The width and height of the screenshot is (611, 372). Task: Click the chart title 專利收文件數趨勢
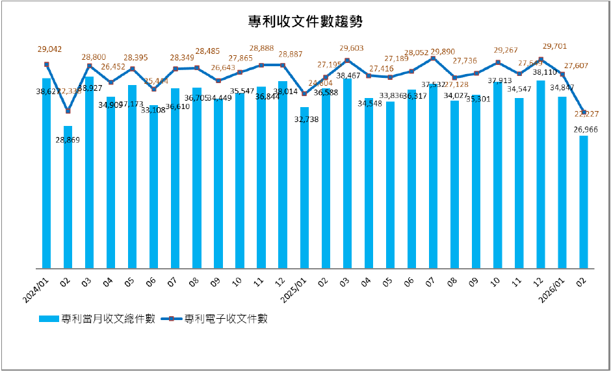[305, 22]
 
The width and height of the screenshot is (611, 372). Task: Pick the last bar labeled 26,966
[584, 201]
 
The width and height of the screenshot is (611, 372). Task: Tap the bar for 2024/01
[46, 175]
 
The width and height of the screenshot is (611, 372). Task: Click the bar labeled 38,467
[347, 175]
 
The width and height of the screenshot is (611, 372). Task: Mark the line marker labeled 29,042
[46, 64]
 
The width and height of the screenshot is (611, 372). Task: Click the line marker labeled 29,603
[347, 60]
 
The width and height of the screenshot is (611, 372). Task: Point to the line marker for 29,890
[433, 58]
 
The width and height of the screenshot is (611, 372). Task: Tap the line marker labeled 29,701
[541, 60]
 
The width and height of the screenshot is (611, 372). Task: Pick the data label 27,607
[576, 66]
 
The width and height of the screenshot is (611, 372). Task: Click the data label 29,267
[507, 49]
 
